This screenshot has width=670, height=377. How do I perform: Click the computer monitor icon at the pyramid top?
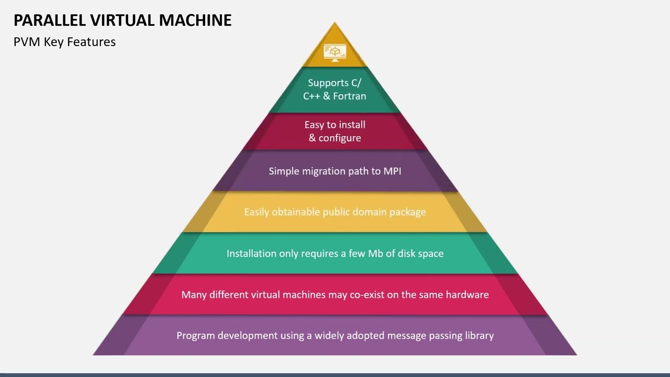335,52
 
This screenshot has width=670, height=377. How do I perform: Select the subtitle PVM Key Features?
64,42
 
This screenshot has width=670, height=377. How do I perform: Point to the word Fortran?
349,96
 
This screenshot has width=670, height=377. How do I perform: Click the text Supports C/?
334,83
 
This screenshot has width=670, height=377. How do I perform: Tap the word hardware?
467,295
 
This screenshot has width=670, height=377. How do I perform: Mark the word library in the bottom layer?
479,336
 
